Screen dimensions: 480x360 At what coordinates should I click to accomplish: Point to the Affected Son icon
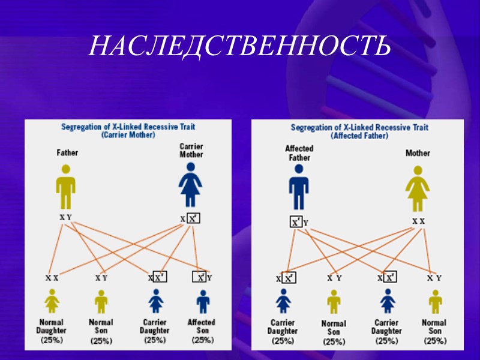tap(203, 301)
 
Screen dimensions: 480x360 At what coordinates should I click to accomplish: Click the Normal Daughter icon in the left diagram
tap(52, 301)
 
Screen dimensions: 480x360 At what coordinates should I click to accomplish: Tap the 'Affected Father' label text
tap(299, 153)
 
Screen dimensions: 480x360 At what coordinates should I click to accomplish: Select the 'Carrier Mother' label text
tap(191, 150)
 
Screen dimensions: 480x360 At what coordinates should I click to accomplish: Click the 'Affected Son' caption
tap(202, 326)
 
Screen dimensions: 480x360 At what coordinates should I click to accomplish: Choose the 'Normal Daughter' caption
tap(49, 326)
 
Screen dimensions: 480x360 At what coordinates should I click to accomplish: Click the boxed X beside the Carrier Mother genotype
tap(193, 218)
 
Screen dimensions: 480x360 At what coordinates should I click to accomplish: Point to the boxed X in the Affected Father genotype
tap(296, 222)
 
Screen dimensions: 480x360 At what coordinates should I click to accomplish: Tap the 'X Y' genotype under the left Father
tap(65, 217)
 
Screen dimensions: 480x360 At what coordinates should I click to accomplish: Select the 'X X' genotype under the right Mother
tap(418, 221)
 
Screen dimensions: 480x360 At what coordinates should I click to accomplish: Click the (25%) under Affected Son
tap(202, 340)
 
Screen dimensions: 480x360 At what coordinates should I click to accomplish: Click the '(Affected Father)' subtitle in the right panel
tap(359, 136)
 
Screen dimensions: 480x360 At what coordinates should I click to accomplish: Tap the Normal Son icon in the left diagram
tap(101, 301)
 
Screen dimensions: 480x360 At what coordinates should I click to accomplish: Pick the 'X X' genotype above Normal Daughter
tap(52, 278)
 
